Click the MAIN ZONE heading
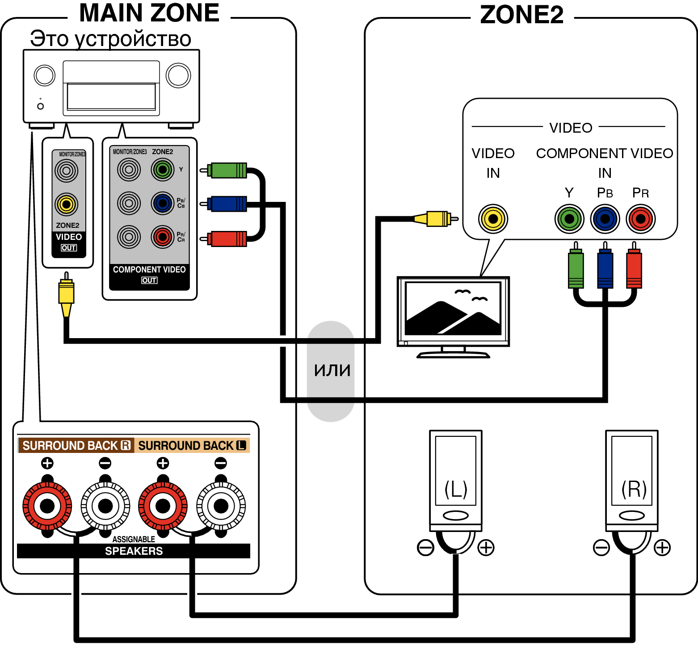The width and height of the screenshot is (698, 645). pyautogui.click(x=149, y=13)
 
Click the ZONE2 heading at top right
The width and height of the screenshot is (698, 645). pyautogui.click(x=521, y=15)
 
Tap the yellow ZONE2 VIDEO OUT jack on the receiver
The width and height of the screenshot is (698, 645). pyautogui.click(x=67, y=204)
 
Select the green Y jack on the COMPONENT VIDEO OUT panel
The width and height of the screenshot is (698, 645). pyautogui.click(x=163, y=170)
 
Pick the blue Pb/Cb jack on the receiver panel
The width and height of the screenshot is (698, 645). pyautogui.click(x=163, y=203)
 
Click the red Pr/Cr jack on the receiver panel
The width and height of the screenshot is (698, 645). pyautogui.click(x=163, y=237)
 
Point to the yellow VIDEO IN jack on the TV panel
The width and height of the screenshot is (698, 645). pyautogui.click(x=493, y=219)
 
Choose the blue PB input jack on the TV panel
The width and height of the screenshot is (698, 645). pyautogui.click(x=605, y=219)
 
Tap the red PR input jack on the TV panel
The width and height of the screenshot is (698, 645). pyautogui.click(x=641, y=219)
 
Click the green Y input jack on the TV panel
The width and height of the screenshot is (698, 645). pyautogui.click(x=569, y=219)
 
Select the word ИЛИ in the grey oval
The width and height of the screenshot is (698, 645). pyautogui.click(x=332, y=370)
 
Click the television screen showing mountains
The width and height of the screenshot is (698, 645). pyautogui.click(x=453, y=309)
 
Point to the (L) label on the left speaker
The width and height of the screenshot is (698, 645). pyautogui.click(x=456, y=489)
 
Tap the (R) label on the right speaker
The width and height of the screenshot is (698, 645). pyautogui.click(x=634, y=489)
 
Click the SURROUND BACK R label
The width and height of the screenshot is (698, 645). pyautogui.click(x=76, y=445)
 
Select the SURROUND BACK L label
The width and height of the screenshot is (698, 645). pyautogui.click(x=192, y=445)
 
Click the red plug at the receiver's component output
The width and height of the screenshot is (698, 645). pyautogui.click(x=223, y=239)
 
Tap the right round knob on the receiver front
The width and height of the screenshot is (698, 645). pyautogui.click(x=178, y=75)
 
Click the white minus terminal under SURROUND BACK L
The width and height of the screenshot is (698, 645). pyautogui.click(x=221, y=506)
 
